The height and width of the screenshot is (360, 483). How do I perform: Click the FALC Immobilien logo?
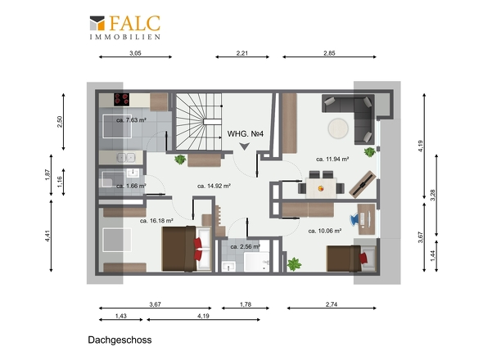pyautogui.click(x=125, y=27)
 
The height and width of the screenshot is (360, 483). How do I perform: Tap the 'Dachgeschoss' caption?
pyautogui.click(x=120, y=340)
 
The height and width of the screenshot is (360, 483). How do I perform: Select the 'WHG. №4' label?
pyautogui.click(x=246, y=134)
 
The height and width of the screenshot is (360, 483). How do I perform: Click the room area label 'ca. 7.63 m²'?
pyautogui.click(x=131, y=120)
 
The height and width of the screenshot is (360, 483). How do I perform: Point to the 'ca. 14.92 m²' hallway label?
pyautogui.click(x=214, y=186)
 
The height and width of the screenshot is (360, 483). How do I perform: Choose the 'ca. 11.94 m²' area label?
pyautogui.click(x=332, y=160)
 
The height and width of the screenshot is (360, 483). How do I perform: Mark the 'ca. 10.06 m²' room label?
pyautogui.click(x=325, y=231)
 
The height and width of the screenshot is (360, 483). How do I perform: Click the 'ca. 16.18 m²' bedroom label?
pyautogui.click(x=156, y=221)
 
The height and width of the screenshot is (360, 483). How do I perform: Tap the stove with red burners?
pyautogui.click(x=122, y=100)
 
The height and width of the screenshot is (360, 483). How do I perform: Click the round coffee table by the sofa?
pyautogui.click(x=338, y=128)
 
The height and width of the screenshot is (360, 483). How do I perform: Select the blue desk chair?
pyautogui.click(x=354, y=219)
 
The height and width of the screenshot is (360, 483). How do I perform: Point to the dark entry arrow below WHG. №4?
pyautogui.click(x=245, y=146)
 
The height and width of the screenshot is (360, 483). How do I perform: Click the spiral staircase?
pyautogui.click(x=199, y=122)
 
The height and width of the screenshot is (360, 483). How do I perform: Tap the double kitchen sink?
pyautogui.click(x=126, y=158)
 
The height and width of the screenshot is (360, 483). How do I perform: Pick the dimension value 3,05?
pyautogui.click(x=135, y=53)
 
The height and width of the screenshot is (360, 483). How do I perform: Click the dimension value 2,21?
pyautogui.click(x=242, y=53)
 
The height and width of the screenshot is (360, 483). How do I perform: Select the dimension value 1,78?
pyautogui.click(x=246, y=304)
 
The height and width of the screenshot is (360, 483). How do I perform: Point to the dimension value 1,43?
pyautogui.click(x=121, y=316)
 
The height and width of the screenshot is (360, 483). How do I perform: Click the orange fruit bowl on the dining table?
pyautogui.click(x=321, y=188)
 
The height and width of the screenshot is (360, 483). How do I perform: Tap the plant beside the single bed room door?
pyautogui.click(x=294, y=264)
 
